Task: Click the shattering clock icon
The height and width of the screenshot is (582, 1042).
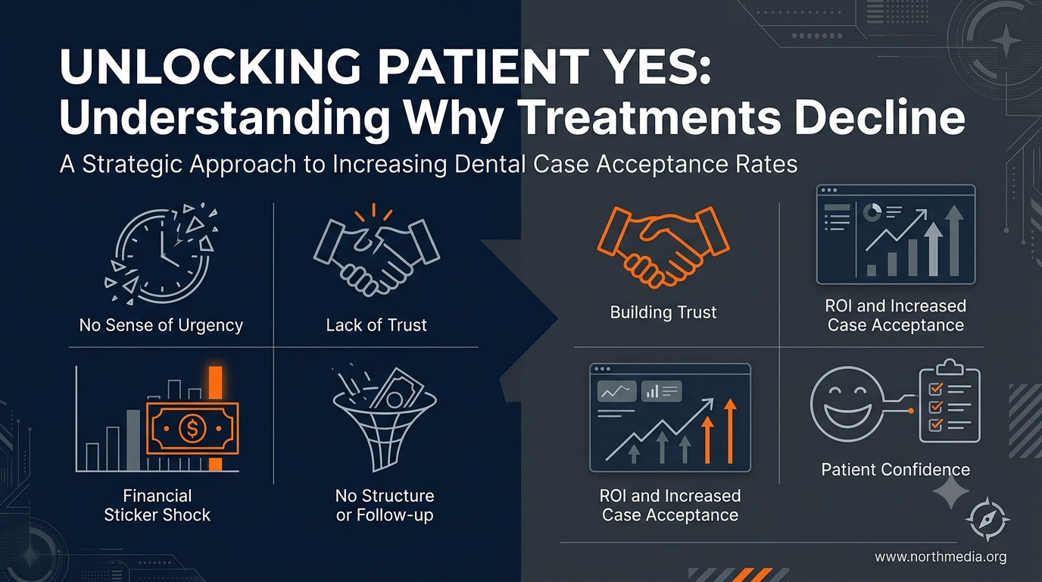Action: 161,254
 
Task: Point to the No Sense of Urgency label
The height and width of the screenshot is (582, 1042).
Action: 161,325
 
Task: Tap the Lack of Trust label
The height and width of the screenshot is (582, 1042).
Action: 376,325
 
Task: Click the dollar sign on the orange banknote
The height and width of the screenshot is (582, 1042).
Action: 192,428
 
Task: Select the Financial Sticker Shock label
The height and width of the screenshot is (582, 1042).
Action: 158,505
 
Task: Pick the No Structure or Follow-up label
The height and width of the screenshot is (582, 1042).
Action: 385,505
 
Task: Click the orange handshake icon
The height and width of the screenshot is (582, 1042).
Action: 663,247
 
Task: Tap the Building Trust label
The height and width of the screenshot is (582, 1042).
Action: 663,312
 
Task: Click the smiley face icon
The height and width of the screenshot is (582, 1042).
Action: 846,404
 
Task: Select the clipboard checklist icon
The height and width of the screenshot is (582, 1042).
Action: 950,401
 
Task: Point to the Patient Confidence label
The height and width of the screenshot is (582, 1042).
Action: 895,469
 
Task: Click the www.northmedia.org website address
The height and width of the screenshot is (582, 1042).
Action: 941,557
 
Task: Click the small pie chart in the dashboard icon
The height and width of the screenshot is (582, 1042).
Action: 872,212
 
